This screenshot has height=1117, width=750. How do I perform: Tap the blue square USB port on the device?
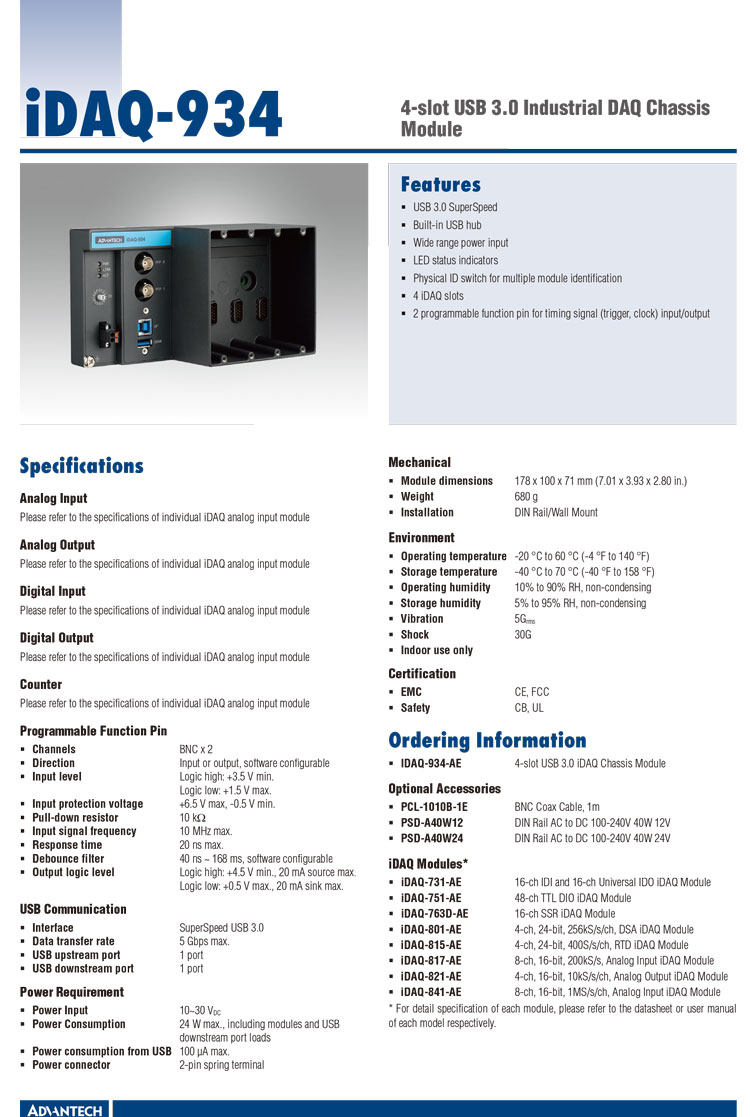[x=146, y=325]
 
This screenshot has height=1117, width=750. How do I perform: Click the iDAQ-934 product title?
[x=151, y=114]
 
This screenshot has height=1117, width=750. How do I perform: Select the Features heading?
[x=440, y=185]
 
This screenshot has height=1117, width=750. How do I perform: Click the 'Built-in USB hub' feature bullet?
[x=447, y=225]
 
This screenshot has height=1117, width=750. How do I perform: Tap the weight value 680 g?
[x=526, y=497]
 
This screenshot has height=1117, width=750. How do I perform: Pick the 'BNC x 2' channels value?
[x=196, y=749]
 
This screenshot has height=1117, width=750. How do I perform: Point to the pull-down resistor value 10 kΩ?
[x=192, y=818]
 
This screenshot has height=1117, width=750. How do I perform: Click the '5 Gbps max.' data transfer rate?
[x=204, y=941]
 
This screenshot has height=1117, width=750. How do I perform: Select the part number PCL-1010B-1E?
[x=434, y=806]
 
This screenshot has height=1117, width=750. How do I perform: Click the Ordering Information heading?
[x=487, y=741]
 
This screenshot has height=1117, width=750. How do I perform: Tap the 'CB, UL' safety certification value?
[x=529, y=708]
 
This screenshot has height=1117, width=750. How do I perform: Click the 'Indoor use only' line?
[x=436, y=650]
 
